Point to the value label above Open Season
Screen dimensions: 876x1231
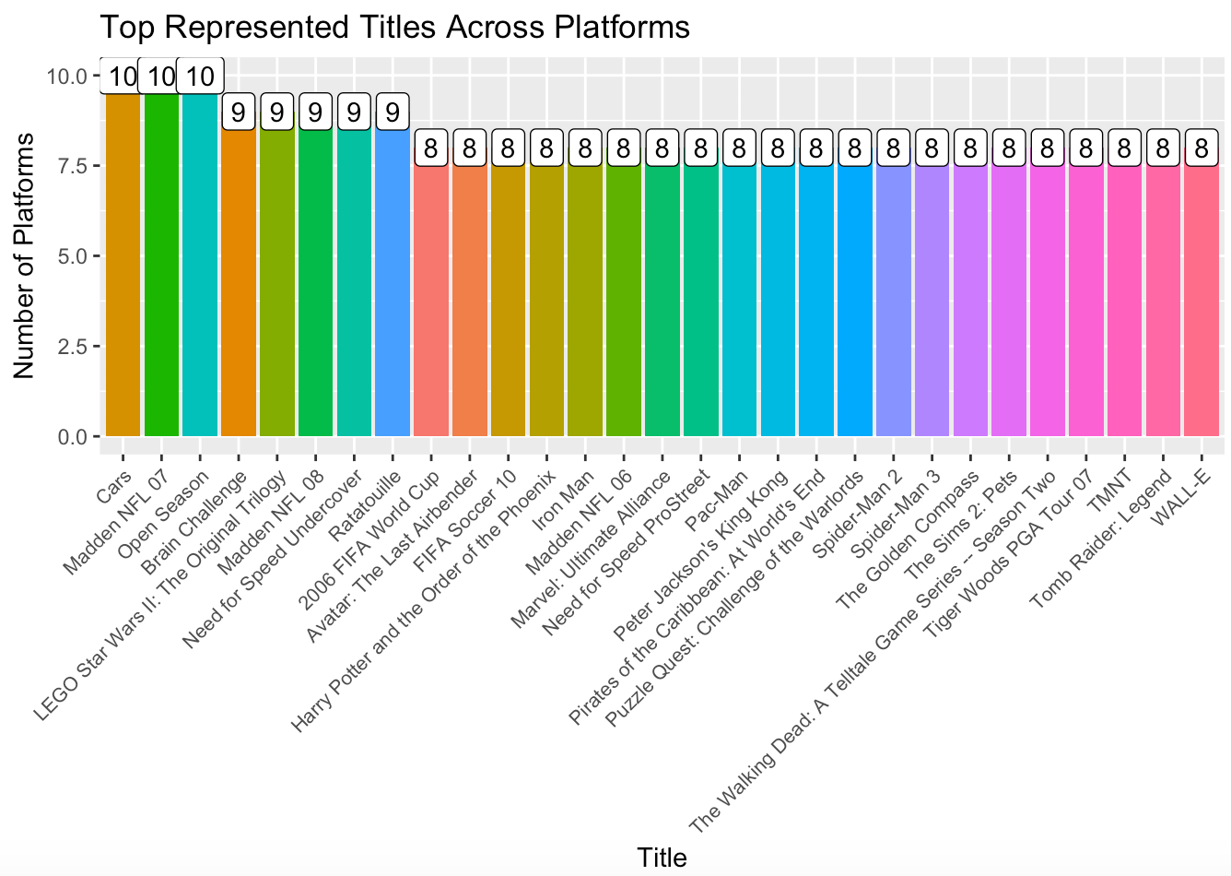200,77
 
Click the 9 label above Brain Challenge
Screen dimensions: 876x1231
239,112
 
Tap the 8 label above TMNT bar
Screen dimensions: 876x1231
1124,148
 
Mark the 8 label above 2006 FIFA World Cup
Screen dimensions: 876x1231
431,148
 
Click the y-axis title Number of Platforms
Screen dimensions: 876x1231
25,255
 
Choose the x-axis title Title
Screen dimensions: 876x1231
662,858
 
